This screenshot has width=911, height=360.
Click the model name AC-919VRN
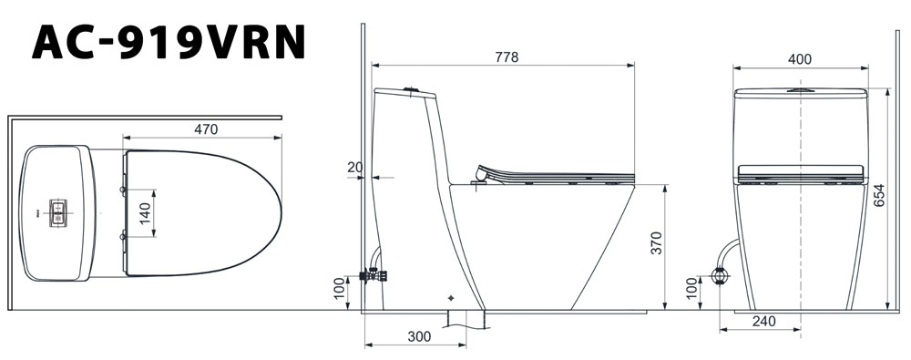(x=169, y=42)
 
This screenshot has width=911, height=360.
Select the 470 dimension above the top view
(x=206, y=129)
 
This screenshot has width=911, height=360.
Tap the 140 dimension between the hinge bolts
(x=145, y=213)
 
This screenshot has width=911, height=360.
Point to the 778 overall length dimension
(x=507, y=57)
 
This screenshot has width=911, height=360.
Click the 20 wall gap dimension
(x=355, y=168)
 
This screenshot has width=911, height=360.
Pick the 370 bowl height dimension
(x=656, y=242)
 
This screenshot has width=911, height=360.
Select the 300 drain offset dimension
(x=419, y=336)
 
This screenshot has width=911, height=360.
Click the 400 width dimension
(x=800, y=59)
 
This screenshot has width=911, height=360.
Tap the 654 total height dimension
(x=879, y=197)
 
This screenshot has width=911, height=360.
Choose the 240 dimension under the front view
(x=763, y=322)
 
